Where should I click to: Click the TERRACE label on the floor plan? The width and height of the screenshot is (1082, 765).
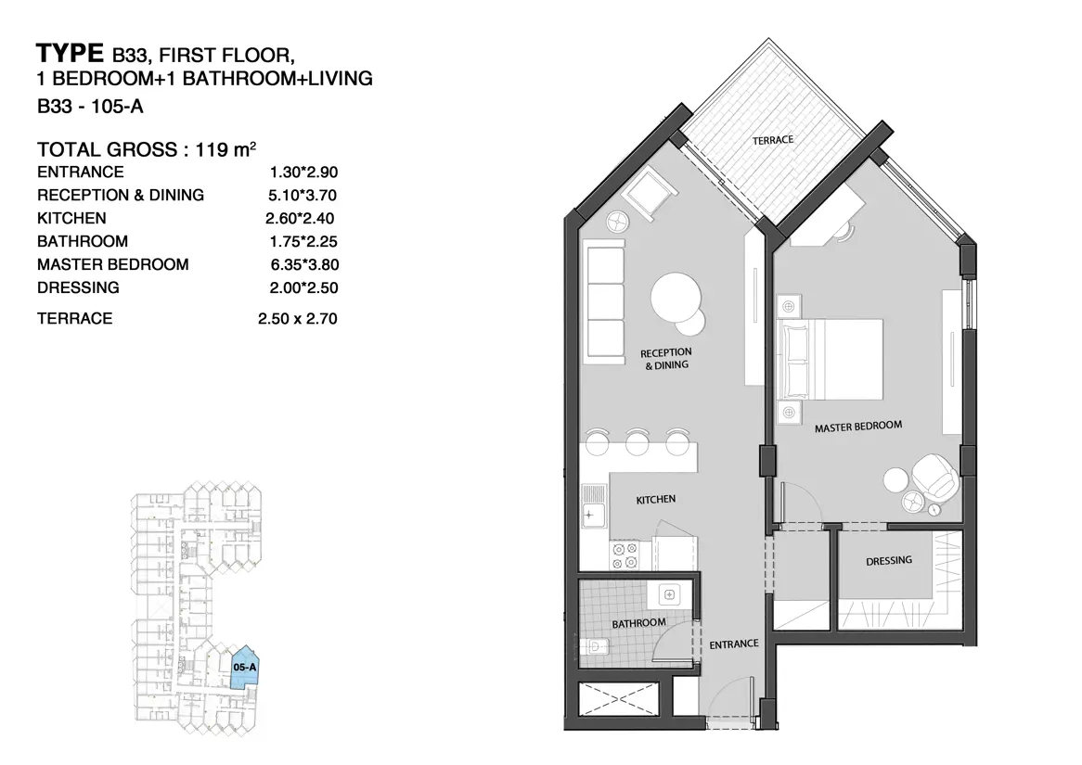pyautogui.click(x=773, y=140)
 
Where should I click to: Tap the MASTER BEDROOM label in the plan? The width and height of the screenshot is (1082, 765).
pyautogui.click(x=857, y=427)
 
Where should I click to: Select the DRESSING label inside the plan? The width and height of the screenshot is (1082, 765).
pyautogui.click(x=889, y=561)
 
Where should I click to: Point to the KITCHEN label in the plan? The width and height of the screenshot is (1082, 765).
pyautogui.click(x=655, y=500)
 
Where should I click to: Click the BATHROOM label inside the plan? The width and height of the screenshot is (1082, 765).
pyautogui.click(x=639, y=623)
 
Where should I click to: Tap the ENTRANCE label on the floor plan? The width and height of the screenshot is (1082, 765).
pyautogui.click(x=733, y=644)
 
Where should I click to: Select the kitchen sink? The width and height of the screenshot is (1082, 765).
pyautogui.click(x=594, y=505)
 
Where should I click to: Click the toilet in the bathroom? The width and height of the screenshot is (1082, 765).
pyautogui.click(x=594, y=647)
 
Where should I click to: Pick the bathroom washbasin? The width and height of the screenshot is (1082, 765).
pyautogui.click(x=669, y=594)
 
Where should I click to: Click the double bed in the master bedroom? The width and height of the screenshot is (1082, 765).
pyautogui.click(x=830, y=359)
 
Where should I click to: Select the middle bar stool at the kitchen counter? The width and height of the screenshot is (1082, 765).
pyautogui.click(x=637, y=442)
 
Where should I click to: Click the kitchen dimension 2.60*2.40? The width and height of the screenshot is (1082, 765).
pyautogui.click(x=300, y=219)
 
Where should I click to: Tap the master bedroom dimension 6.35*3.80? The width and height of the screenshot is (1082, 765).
pyautogui.click(x=304, y=265)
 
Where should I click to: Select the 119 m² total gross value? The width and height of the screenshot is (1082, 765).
pyautogui.click(x=225, y=149)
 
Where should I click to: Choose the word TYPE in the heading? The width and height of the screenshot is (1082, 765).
pyautogui.click(x=70, y=53)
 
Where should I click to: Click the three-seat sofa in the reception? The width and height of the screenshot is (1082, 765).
pyautogui.click(x=605, y=301)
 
